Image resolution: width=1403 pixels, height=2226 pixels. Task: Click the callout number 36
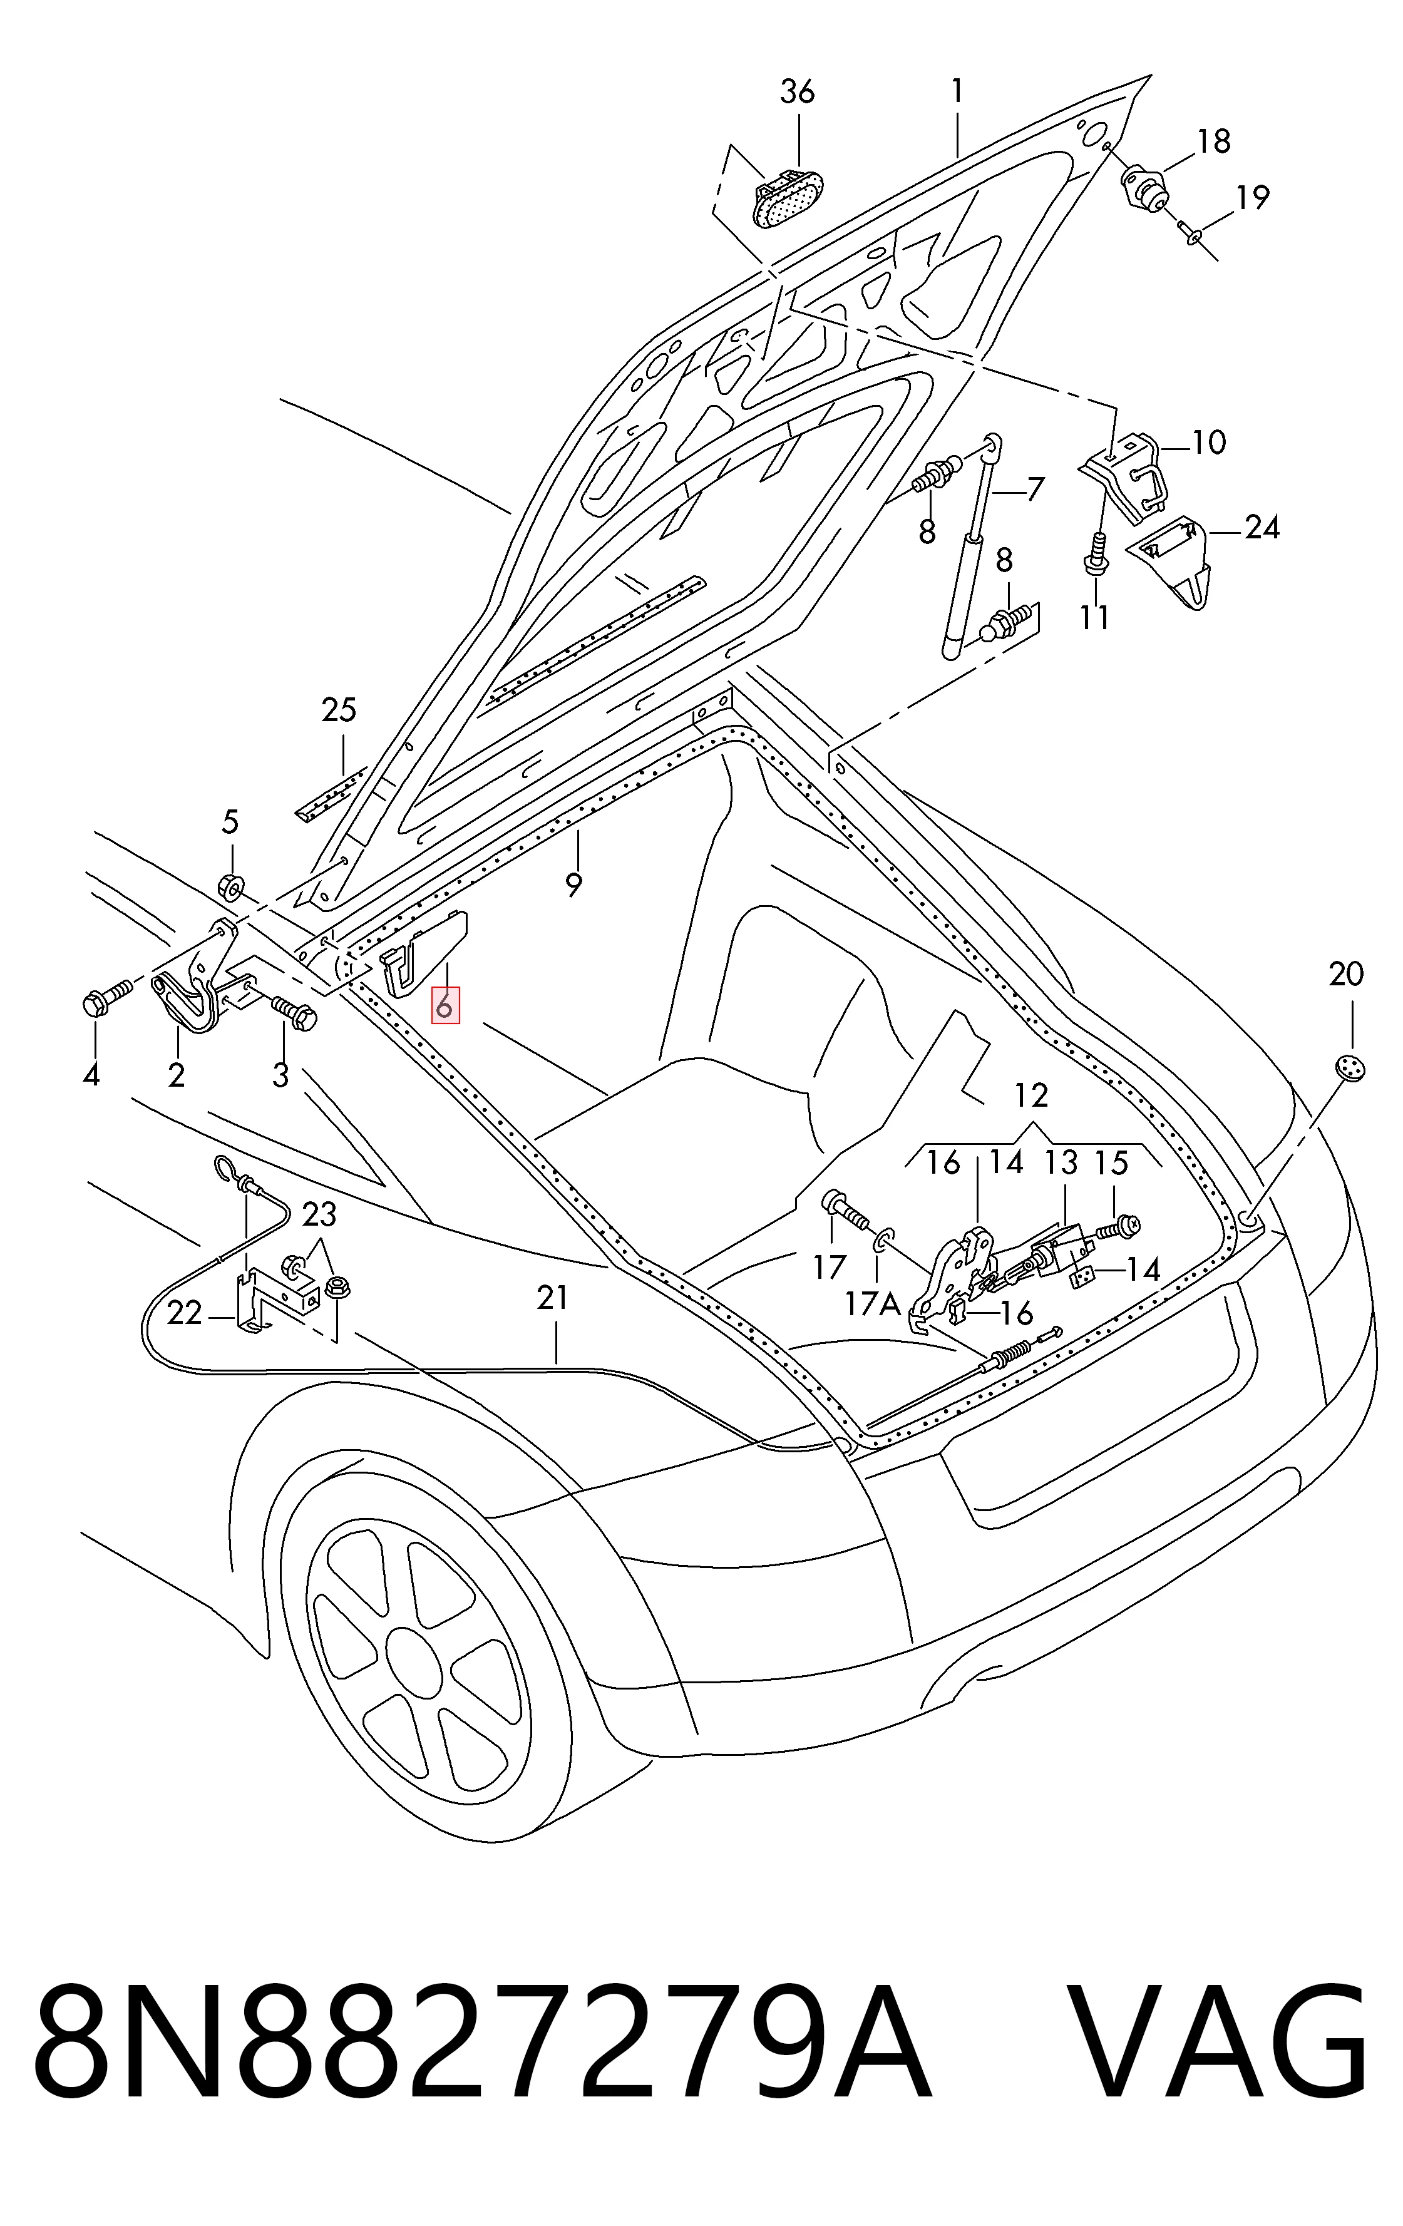[798, 93]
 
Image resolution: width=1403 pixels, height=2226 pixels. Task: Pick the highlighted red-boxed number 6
[445, 1005]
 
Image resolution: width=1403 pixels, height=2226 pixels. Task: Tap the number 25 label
[339, 711]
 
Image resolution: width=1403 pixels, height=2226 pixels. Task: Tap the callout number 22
[184, 1313]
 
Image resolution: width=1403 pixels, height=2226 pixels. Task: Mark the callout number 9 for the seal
[574, 885]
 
